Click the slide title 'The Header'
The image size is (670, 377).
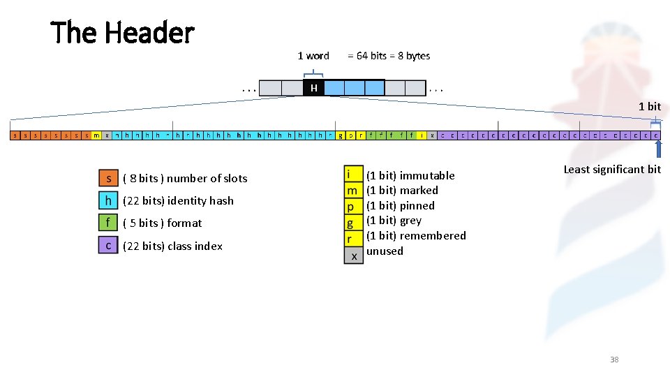pyautogui.click(x=122, y=33)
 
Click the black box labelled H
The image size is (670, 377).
pyautogui.click(x=314, y=88)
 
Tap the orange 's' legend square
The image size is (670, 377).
pyautogui.click(x=108, y=178)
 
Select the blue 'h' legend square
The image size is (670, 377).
pyautogui.click(x=108, y=200)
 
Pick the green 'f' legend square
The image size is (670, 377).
pyautogui.click(x=108, y=223)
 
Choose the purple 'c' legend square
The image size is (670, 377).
pyautogui.click(x=108, y=246)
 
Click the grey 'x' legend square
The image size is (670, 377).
pyautogui.click(x=354, y=256)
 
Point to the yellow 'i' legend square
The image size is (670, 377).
pyautogui.click(x=354, y=174)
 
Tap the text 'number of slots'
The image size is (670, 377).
pyautogui.click(x=207, y=179)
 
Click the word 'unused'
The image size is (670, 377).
pyautogui.click(x=385, y=251)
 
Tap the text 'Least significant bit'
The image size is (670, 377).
pyautogui.click(x=611, y=170)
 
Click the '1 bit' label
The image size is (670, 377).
pyautogui.click(x=649, y=107)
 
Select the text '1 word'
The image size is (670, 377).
pyautogui.click(x=313, y=56)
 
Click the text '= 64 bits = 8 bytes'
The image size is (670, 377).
pyautogui.click(x=389, y=56)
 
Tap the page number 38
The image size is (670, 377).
pyautogui.click(x=614, y=360)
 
